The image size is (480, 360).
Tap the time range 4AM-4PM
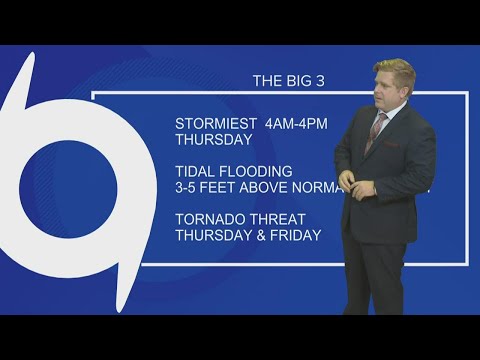click(297, 123)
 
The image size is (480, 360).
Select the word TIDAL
click(195, 170)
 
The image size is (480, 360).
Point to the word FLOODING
click(257, 170)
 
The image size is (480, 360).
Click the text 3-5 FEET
click(205, 186)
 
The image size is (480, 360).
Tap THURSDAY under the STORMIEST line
click(214, 139)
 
